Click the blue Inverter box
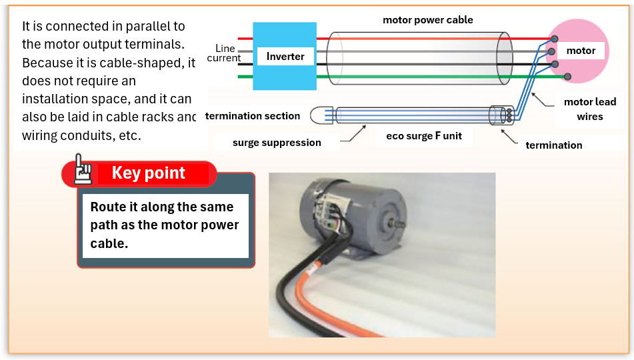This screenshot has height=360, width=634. pos(285,56)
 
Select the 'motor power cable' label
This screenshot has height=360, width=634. pos(427,20)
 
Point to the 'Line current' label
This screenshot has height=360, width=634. pos(224,53)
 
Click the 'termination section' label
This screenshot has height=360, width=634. pos(253,116)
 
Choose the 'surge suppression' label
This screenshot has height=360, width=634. pos(277,143)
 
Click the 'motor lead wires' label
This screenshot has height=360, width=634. pos(589,109)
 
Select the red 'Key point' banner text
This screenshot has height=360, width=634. pos(149,173)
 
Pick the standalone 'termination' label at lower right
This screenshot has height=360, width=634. pos(553,145)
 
